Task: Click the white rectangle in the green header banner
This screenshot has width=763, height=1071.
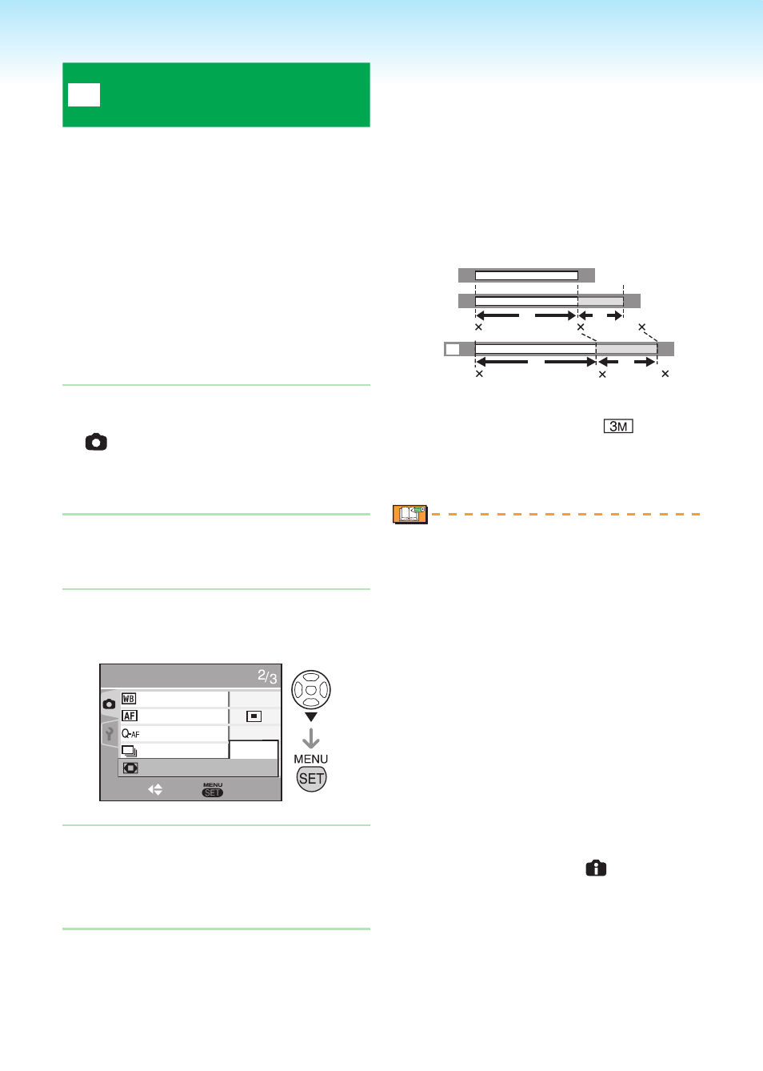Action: click(x=84, y=94)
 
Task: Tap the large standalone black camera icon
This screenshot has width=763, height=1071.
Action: click(x=96, y=442)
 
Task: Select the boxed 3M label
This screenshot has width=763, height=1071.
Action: click(x=618, y=426)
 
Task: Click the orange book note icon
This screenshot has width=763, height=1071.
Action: click(x=410, y=515)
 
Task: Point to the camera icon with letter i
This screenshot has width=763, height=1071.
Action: click(x=596, y=868)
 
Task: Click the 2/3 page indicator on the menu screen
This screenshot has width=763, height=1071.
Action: click(x=267, y=676)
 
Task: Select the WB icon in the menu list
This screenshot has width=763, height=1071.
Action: click(x=129, y=699)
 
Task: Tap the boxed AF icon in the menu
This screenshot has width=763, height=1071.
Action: click(x=130, y=716)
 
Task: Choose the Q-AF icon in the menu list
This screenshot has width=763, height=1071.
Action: click(x=130, y=733)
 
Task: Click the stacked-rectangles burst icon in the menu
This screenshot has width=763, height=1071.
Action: click(x=129, y=751)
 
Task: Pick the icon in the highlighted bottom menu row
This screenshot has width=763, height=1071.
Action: click(x=130, y=768)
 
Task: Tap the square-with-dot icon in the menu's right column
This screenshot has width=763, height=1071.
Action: click(x=254, y=716)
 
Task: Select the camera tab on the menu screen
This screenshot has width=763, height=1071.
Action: click(x=109, y=704)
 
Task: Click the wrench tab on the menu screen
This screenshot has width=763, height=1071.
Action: click(x=110, y=733)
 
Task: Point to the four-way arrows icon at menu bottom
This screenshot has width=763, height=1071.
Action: click(x=155, y=789)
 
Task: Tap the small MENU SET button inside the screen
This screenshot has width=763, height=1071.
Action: click(x=213, y=790)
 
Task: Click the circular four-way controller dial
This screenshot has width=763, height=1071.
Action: click(x=311, y=689)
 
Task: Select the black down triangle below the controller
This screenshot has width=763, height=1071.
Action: click(x=311, y=716)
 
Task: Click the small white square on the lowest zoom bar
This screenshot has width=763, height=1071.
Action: click(x=452, y=349)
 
